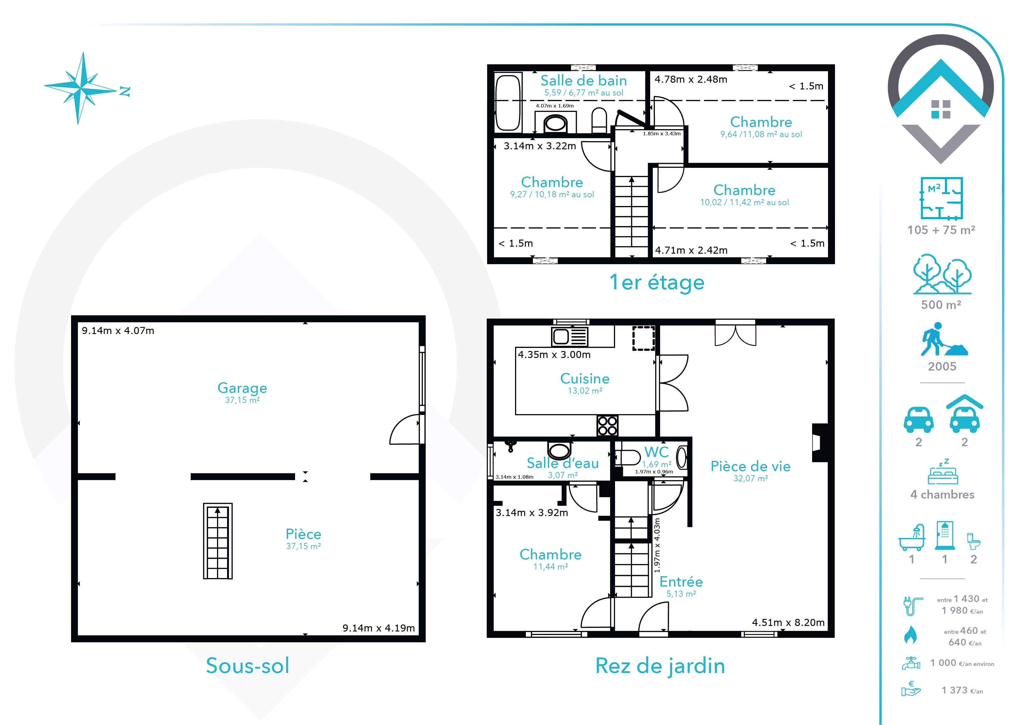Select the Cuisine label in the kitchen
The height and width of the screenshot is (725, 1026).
(585, 378)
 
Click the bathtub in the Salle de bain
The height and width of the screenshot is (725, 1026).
(508, 103)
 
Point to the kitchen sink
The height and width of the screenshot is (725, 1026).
(569, 337)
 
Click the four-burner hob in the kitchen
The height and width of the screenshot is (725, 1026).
(607, 425)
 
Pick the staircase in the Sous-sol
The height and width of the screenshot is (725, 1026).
(218, 541)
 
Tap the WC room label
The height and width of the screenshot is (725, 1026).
(656, 452)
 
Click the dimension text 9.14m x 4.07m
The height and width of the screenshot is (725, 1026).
(118, 331)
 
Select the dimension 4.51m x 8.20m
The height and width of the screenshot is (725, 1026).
(788, 622)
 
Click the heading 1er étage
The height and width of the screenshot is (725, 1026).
(657, 283)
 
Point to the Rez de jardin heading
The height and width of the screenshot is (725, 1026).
(660, 666)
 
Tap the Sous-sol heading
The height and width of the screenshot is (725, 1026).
(247, 666)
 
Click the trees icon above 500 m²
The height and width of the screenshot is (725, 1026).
(942, 274)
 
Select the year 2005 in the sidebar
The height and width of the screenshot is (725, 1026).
(942, 366)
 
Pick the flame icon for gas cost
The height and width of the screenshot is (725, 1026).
(910, 635)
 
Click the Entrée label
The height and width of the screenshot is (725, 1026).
(681, 582)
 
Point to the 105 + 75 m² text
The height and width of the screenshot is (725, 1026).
(941, 230)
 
